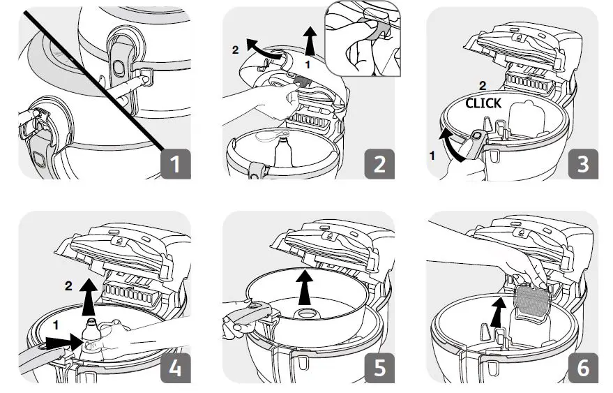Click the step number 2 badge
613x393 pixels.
(x=379, y=165)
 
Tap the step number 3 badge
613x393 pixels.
(x=583, y=165)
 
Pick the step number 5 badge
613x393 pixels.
(x=379, y=367)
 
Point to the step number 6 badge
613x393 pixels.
(x=583, y=367)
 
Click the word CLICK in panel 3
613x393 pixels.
(x=483, y=103)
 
